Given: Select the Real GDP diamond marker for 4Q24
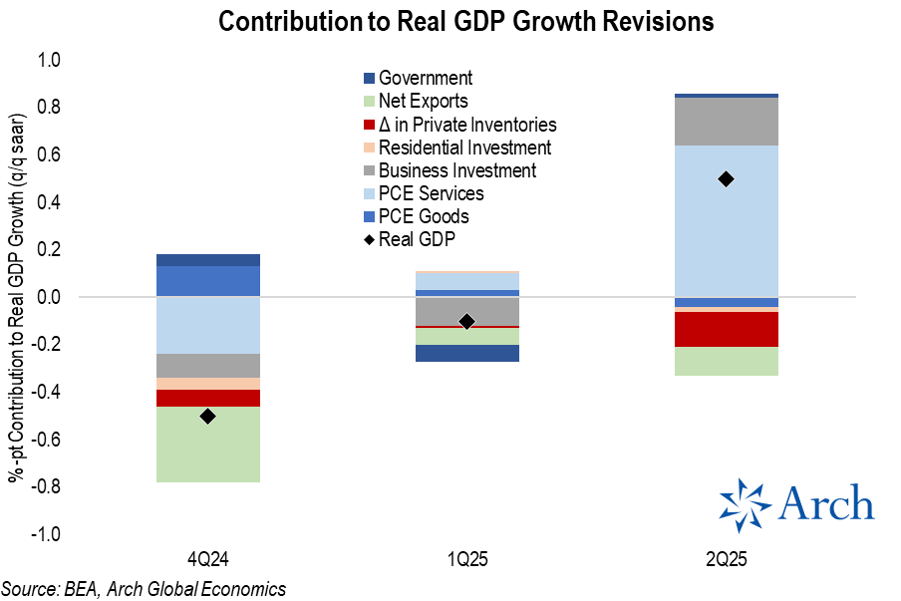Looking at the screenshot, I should coord(207,416).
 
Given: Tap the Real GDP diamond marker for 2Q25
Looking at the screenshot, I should coord(726,178).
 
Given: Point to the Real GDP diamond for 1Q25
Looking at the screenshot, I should coord(466,321).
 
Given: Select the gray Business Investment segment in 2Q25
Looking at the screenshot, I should coord(726,122).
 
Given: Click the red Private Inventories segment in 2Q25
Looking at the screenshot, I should coord(726,329).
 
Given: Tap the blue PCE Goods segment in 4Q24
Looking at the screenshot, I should coord(207,281).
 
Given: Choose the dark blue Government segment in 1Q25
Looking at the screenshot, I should coord(466,353).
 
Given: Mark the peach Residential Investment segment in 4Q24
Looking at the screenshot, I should coord(207,384).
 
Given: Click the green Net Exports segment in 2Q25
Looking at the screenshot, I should coord(726,361).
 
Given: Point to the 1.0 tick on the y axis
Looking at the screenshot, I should coord(49,61).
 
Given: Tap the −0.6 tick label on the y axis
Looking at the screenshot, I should coord(46,440).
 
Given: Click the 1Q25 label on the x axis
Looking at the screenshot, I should coord(466,557).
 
